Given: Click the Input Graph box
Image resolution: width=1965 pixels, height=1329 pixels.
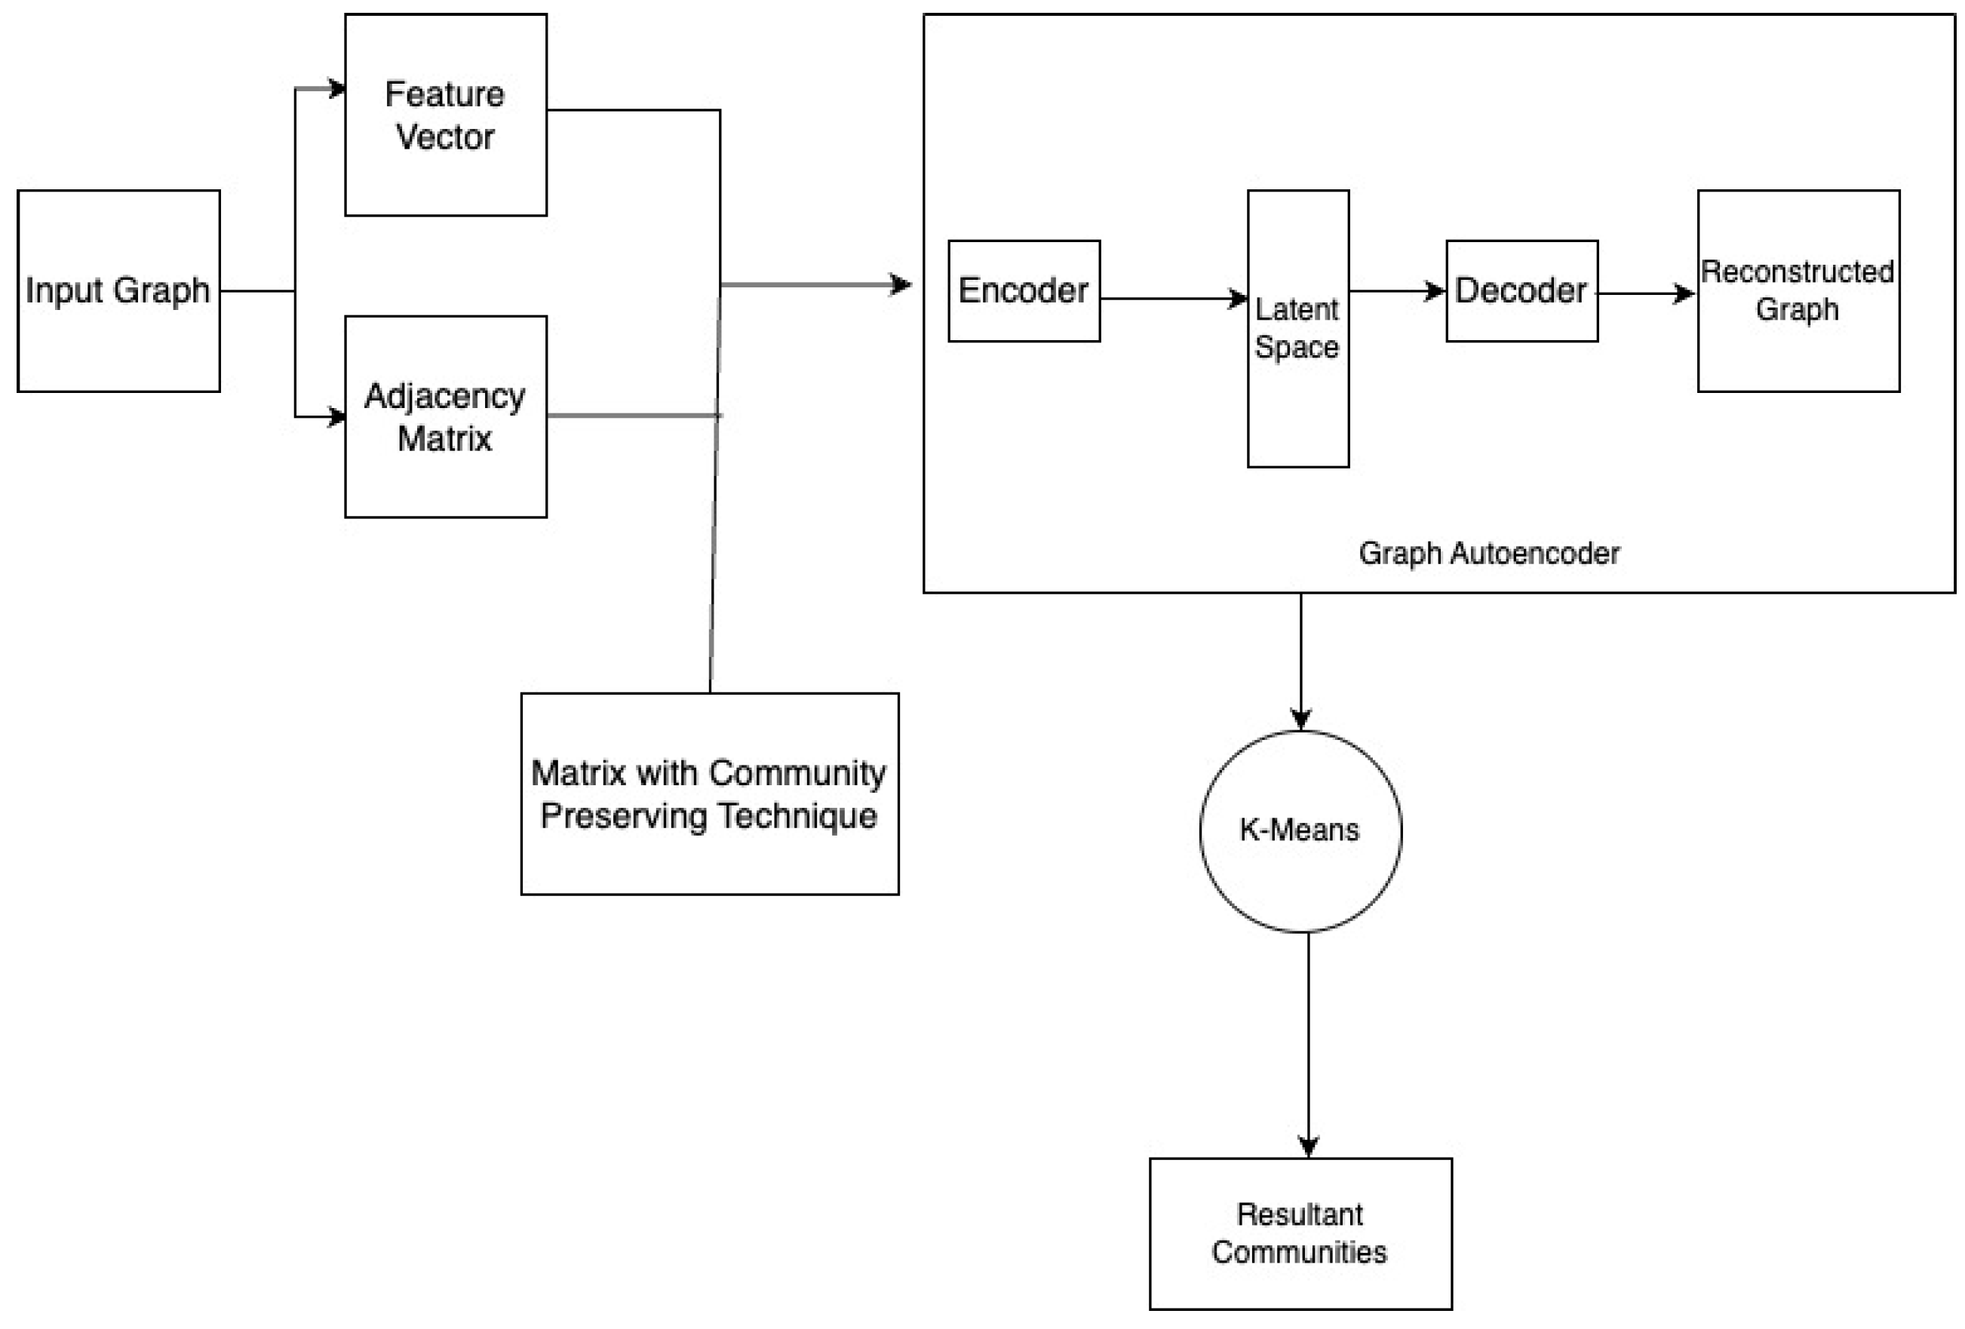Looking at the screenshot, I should pos(118,291).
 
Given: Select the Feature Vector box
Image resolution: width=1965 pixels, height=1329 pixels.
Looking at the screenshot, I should pos(446,115).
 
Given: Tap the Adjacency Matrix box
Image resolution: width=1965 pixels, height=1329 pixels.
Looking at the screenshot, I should pos(446,417).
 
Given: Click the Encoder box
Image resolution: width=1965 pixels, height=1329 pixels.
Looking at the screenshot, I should pos(1024,291).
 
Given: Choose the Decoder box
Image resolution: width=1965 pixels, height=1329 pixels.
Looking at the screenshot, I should pos(1522,291).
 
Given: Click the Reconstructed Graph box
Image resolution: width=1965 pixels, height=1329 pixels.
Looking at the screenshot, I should pos(1798,291).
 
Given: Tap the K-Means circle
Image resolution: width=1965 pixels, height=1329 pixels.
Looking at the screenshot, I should pos(1300,831).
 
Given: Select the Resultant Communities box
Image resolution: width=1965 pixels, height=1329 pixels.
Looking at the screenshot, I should pos(1300,1233).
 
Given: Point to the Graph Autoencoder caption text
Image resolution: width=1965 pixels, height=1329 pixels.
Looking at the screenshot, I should pos(1489,554).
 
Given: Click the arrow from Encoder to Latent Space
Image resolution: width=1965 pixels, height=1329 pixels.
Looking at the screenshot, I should pos(1171,299).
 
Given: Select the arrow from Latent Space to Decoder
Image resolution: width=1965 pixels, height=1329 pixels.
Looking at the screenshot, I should pos(1395,292).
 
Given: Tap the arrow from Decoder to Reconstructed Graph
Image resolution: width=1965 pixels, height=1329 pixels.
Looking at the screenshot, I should pos(1644,294).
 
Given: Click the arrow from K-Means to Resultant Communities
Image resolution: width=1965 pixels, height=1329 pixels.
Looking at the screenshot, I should pos(1309,1044).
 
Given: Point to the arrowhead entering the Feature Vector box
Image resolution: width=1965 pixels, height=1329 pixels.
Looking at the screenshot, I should pos(337,89).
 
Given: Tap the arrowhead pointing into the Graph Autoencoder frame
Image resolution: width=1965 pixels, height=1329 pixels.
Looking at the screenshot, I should pos(902,285).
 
